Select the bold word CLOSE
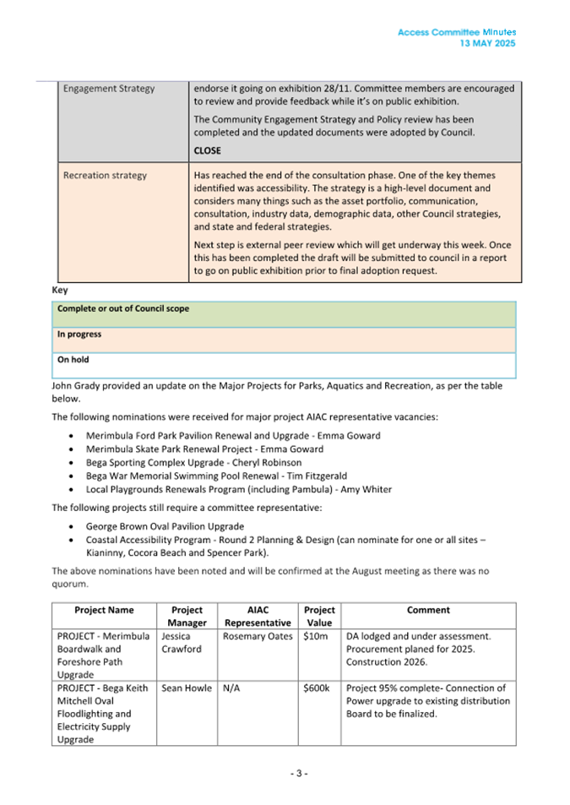pyautogui.click(x=207, y=150)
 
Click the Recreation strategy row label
pyautogui.click(x=105, y=176)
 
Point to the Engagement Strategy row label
pyautogui.click(x=109, y=89)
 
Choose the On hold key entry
pyautogui.click(x=73, y=360)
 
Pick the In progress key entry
pyautogui.click(x=79, y=335)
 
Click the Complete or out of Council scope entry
pyautogui.click(x=123, y=309)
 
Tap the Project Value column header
pyautogui.click(x=319, y=616)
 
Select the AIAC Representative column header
pyautogui.click(x=258, y=616)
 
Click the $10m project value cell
pyautogui.click(x=316, y=636)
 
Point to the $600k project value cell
pyautogui.click(x=318, y=688)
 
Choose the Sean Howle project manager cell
pyautogui.click(x=187, y=688)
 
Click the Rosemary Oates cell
pyautogui.click(x=258, y=636)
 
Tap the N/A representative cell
pyautogui.click(x=232, y=688)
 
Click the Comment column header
pyautogui.click(x=428, y=610)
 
